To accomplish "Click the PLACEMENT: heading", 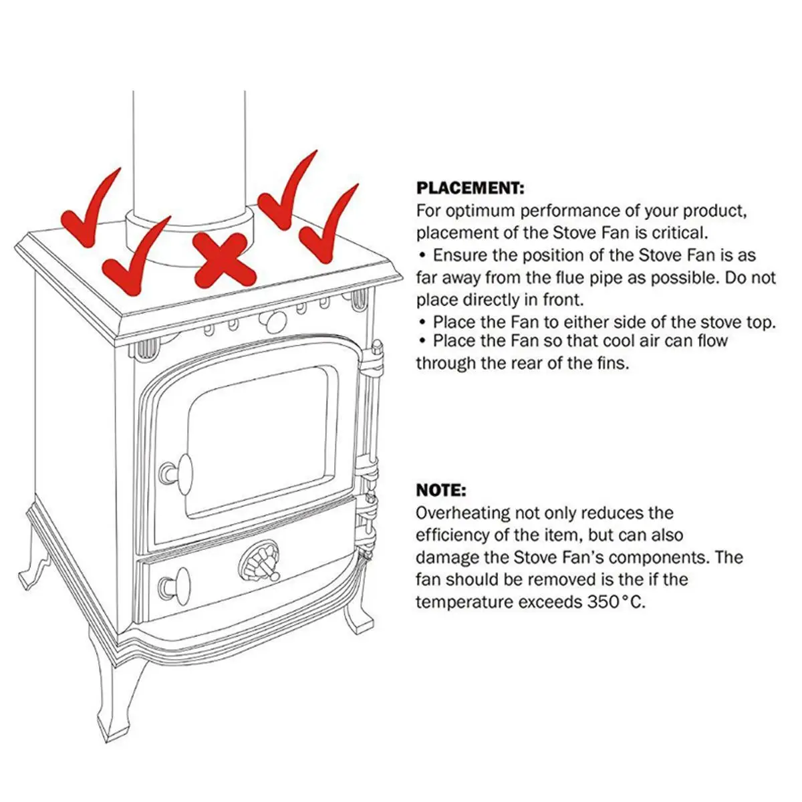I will point(470,188).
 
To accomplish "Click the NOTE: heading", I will point(440,491).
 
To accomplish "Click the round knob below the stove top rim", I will point(274,323).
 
